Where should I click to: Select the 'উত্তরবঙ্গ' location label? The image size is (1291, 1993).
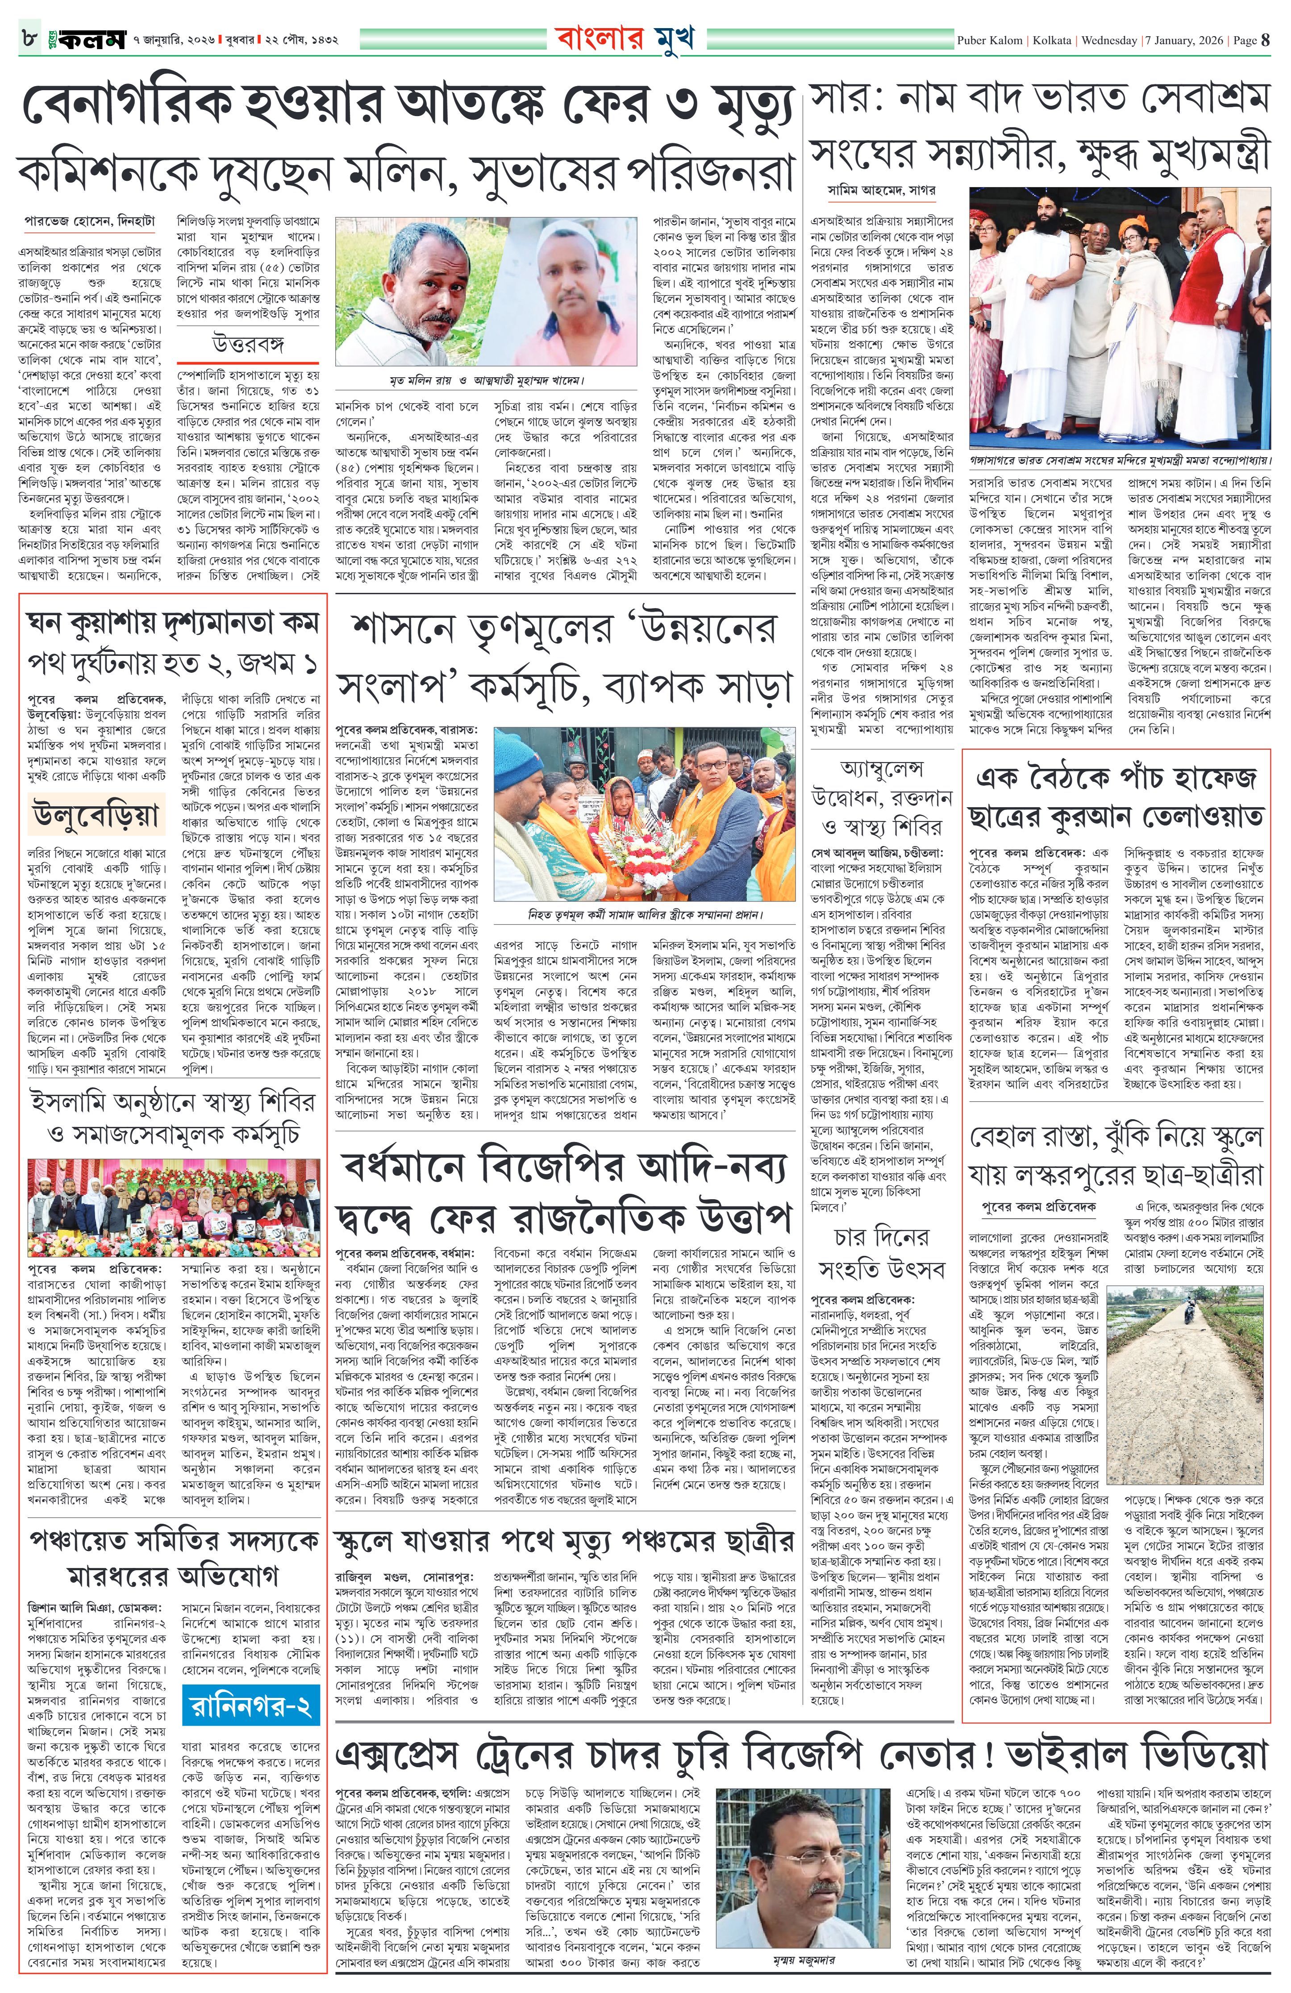[250, 344]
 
